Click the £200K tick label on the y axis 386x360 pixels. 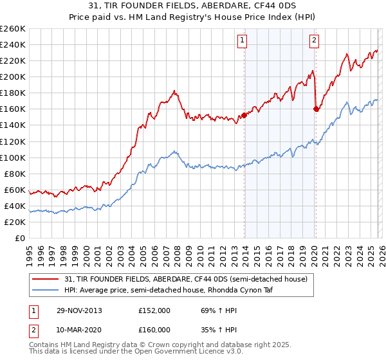pos(13,76)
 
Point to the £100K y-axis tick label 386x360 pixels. pos(13,157)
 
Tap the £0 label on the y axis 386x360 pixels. pos(19,238)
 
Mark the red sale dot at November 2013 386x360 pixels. pos(244,116)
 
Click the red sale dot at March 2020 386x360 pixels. pos(316,109)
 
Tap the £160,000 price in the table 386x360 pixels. pos(154,329)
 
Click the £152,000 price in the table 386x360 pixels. pos(154,310)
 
